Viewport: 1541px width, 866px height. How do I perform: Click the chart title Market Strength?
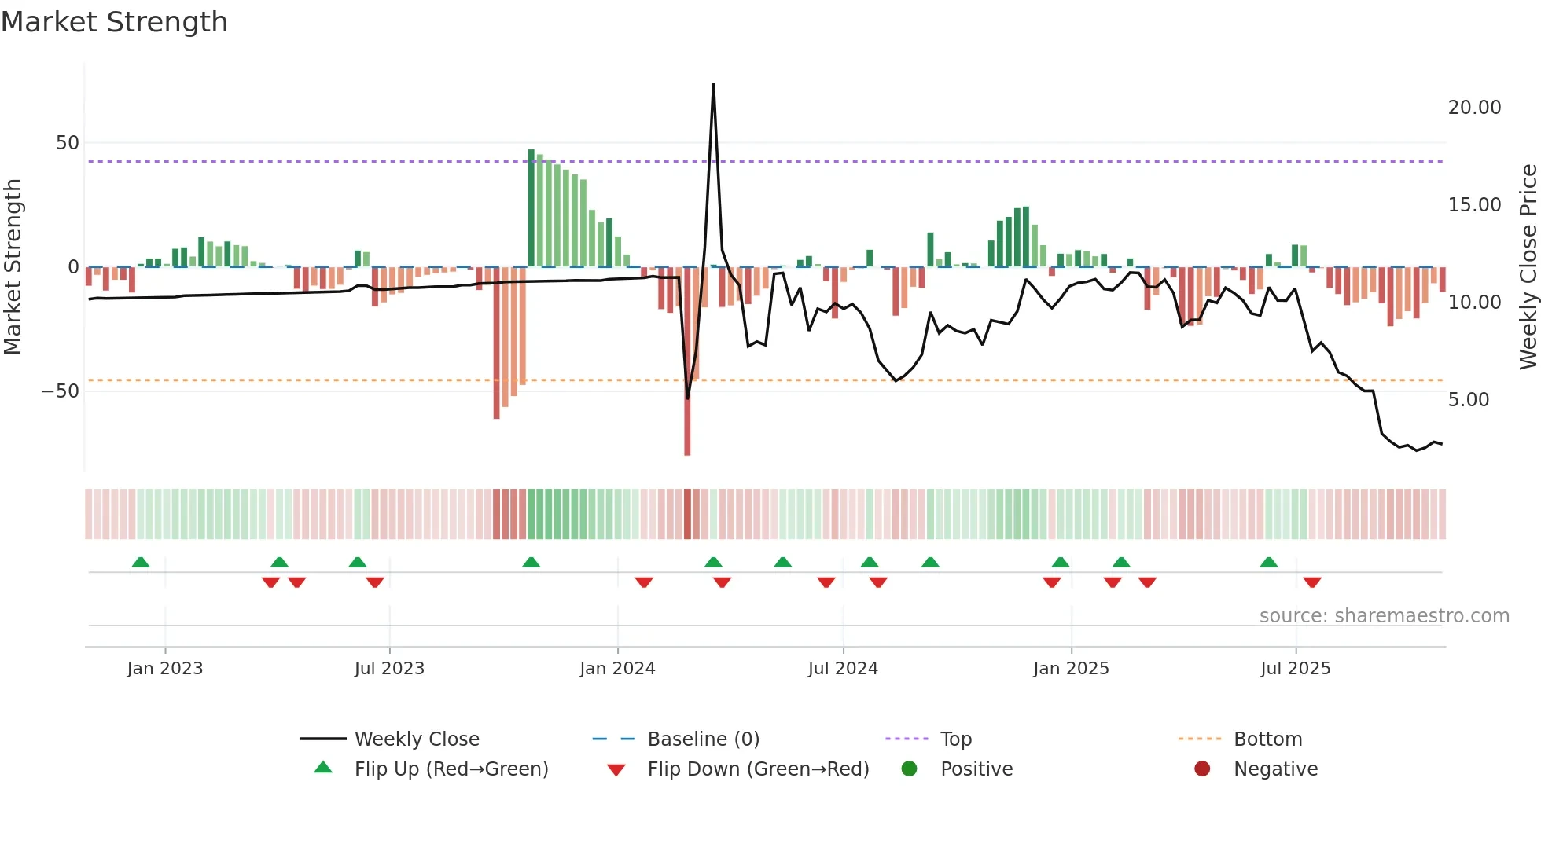(114, 22)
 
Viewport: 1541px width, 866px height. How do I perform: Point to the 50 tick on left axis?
(68, 143)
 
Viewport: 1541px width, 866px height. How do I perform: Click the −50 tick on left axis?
(61, 391)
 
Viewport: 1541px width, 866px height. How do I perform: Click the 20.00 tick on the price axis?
(1474, 108)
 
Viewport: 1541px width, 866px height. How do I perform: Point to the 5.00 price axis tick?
(1468, 400)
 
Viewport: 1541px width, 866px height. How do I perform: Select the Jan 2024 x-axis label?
(617, 669)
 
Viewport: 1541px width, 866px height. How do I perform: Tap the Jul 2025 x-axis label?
(1295, 669)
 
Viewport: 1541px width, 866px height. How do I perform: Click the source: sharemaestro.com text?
(1384, 616)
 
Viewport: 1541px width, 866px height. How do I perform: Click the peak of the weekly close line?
(713, 85)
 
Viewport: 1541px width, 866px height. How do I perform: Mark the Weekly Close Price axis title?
(1528, 267)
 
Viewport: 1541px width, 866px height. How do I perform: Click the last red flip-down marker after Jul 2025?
(1311, 582)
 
